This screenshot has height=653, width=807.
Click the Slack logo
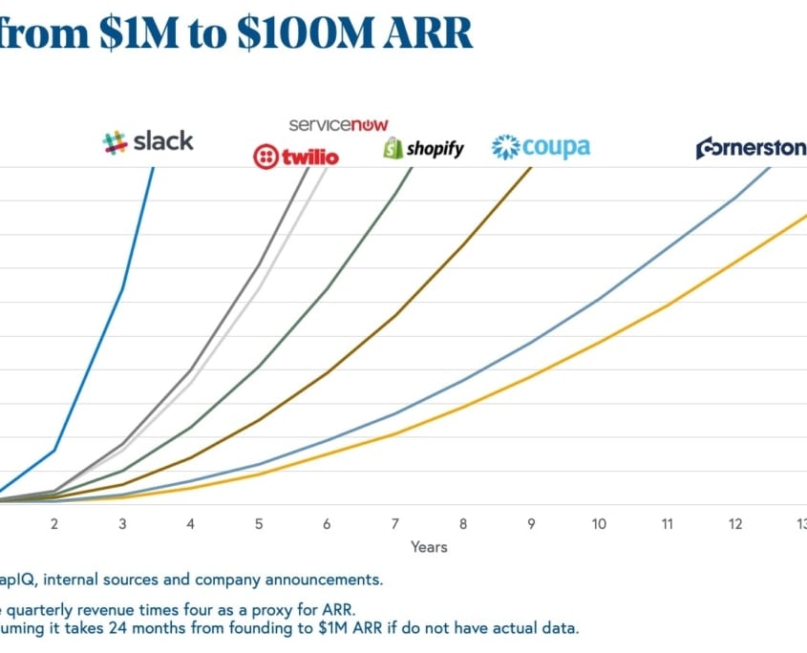pos(148,141)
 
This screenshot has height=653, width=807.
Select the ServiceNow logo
pos(339,125)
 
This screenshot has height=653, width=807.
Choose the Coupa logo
pos(541,147)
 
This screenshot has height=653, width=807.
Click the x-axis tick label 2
pos(54,524)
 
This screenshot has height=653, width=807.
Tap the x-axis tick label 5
pos(259,524)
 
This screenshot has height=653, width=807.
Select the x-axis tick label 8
pos(463,524)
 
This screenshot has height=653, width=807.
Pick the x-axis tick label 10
pos(599,524)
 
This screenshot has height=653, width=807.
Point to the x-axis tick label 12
pos(734,524)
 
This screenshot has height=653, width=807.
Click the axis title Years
pos(429,547)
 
